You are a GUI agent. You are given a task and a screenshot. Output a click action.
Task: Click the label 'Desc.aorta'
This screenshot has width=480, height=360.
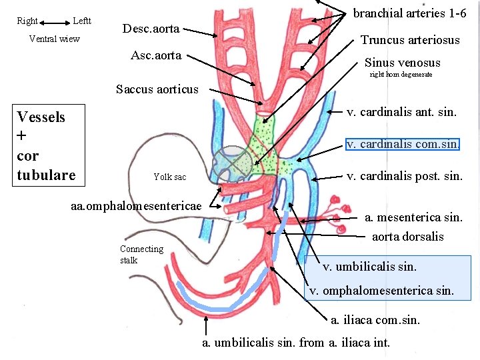[151, 29]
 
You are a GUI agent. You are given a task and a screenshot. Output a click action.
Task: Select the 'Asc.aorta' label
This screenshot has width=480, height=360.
[156, 55]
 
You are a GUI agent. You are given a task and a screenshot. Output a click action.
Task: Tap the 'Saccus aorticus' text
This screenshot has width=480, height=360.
[157, 89]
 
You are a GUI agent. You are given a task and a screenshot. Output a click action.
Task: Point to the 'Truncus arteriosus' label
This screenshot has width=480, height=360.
[410, 40]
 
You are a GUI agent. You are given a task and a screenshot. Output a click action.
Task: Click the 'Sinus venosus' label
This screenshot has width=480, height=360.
[402, 63]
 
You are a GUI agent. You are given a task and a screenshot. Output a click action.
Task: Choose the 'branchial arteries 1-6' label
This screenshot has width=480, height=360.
[409, 13]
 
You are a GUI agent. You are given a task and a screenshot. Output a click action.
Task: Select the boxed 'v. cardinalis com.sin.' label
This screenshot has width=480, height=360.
[403, 144]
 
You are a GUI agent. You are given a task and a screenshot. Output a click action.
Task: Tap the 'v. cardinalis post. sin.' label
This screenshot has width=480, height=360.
[405, 176]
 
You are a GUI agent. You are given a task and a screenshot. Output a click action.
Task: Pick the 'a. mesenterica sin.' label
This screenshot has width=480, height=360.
[413, 217]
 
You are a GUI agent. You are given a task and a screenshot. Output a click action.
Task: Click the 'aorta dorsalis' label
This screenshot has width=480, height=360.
[407, 237]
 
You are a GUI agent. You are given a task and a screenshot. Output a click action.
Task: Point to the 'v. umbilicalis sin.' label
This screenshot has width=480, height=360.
[369, 267]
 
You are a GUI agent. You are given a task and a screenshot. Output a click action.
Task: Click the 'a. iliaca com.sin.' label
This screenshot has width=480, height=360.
[375, 319]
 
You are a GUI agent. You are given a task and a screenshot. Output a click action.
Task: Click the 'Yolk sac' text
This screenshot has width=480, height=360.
[170, 177]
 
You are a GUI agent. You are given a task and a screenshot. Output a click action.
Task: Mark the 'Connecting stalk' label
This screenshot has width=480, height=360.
[141, 254]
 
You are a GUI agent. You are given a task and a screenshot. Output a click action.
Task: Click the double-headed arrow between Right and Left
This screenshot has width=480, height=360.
[55, 21]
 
